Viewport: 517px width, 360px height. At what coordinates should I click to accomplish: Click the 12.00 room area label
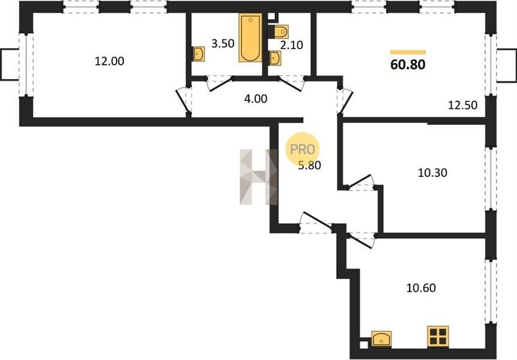(109, 61)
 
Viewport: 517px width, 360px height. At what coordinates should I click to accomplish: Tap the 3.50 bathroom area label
(223, 43)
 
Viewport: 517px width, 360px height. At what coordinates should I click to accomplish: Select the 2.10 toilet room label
(291, 45)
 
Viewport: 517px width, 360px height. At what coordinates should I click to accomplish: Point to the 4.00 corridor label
(256, 98)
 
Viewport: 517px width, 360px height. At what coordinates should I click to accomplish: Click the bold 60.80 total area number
(408, 65)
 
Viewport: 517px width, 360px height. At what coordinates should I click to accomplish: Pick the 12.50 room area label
(462, 105)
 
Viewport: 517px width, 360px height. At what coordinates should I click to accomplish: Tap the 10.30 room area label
(432, 173)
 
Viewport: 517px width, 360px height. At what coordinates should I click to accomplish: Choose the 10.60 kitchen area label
(421, 288)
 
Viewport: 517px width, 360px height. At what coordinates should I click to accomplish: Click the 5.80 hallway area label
(310, 164)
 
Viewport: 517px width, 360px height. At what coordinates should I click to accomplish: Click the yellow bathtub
(250, 38)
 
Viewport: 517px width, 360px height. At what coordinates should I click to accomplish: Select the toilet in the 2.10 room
(279, 32)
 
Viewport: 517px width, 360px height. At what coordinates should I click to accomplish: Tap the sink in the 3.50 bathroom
(199, 53)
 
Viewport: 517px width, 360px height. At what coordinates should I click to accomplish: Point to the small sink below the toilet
(274, 59)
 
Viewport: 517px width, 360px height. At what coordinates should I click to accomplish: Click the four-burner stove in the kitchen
(438, 336)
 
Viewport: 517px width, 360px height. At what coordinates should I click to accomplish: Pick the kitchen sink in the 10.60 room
(381, 338)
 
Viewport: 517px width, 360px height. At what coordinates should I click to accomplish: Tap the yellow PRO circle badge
(303, 149)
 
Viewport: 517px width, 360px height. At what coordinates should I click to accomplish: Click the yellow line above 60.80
(408, 52)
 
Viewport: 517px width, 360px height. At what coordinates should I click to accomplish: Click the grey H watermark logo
(259, 177)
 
